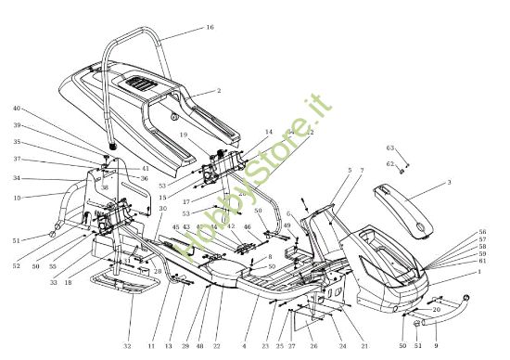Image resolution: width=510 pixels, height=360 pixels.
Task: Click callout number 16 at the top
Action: pos(210,28)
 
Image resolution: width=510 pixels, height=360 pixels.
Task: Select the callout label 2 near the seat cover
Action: pos(218,91)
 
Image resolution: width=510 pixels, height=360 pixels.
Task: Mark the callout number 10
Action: pos(18,197)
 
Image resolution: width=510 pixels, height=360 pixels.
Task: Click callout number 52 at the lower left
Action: pos(17,267)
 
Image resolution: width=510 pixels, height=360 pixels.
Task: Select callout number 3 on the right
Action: pos(449,184)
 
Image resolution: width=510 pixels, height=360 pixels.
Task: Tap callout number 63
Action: pos(390,148)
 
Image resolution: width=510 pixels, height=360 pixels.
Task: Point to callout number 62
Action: pos(390,164)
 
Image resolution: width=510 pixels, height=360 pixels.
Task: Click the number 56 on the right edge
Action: pos(482,231)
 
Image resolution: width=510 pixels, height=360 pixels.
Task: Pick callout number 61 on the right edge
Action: pos(482,261)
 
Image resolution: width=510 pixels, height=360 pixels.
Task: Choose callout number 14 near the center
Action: pos(269,132)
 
